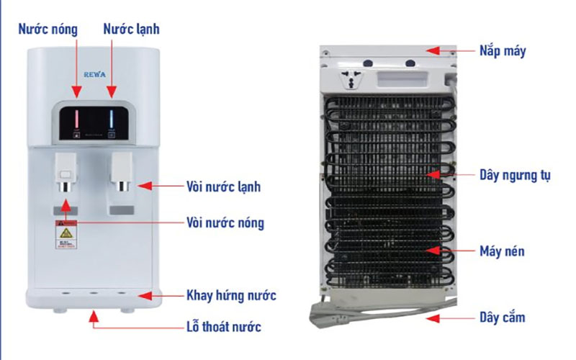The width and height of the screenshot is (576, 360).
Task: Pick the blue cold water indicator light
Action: (x=112, y=117)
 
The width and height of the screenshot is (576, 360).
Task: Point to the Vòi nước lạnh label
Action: (x=223, y=186)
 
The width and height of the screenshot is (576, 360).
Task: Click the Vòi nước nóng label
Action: (x=225, y=222)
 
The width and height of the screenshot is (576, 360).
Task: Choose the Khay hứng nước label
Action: (x=230, y=295)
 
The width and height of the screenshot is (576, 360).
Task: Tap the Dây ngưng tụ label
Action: (x=515, y=175)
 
